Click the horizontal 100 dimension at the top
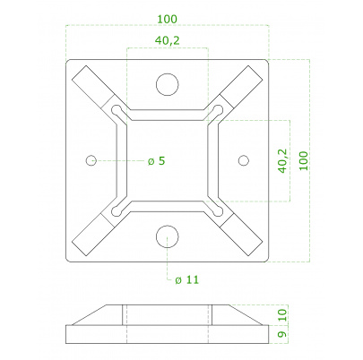point(168,20)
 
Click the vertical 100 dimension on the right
point(304,161)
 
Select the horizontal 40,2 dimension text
point(168,40)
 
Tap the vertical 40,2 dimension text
point(282,161)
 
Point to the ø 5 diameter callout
point(156,161)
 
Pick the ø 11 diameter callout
point(186,280)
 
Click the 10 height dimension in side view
point(283,315)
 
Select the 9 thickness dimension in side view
point(283,333)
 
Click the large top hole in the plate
point(168,84)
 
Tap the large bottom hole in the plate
point(168,236)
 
